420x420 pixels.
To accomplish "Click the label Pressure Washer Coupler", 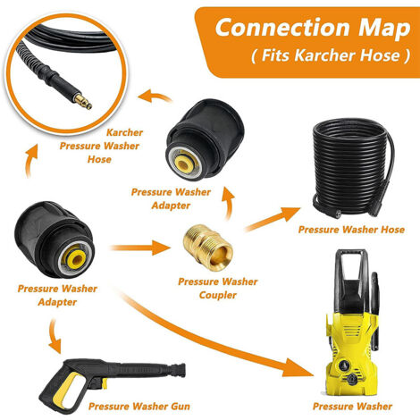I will coord(218,289).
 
